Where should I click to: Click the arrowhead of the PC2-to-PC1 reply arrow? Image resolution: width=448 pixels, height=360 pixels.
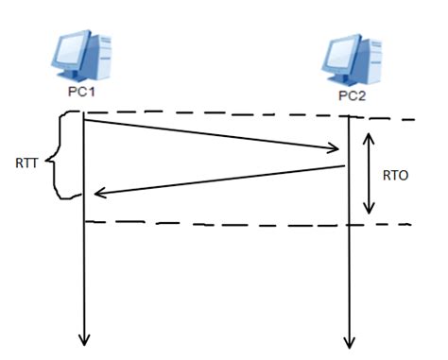(x=95, y=194)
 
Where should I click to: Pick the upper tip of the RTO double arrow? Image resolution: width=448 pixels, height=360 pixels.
(x=370, y=133)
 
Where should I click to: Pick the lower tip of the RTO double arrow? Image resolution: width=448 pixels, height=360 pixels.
(x=370, y=212)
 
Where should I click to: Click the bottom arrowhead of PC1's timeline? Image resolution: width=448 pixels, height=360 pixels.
(x=85, y=339)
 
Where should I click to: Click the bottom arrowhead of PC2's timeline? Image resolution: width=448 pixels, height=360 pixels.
(x=352, y=342)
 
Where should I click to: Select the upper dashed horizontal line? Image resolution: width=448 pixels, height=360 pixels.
(x=236, y=117)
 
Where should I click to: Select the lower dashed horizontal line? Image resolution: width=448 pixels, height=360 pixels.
(x=236, y=224)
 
